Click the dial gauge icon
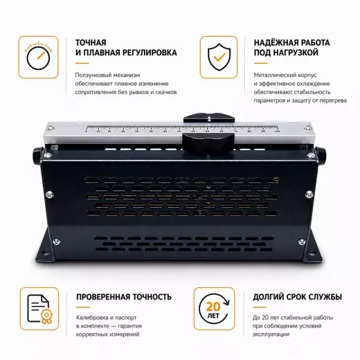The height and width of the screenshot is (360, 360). pyautogui.click(x=38, y=56)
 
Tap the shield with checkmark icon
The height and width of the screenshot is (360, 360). pyautogui.click(x=219, y=57)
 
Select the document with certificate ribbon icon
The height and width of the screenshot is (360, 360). pyautogui.click(x=39, y=309)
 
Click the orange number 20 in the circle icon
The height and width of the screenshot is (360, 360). pyautogui.click(x=213, y=307)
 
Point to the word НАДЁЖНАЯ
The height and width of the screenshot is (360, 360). pyautogui.click(x=273, y=43)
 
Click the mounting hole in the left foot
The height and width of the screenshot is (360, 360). pyautogui.click(x=46, y=253)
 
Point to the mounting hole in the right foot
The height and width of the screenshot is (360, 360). pyautogui.click(x=312, y=253)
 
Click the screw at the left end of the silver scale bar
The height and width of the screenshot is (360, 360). pyautogui.click(x=50, y=127)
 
